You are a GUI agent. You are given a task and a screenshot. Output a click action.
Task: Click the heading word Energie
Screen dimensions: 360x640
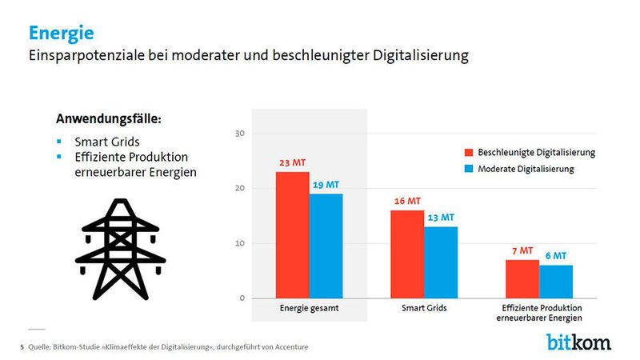pos(61,33)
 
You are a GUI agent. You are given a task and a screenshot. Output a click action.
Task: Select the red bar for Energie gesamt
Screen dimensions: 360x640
pos(292,235)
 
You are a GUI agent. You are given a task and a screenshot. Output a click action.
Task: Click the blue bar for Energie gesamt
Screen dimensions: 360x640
pos(326,246)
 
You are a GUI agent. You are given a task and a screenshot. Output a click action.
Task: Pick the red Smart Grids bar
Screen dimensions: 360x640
pos(406,254)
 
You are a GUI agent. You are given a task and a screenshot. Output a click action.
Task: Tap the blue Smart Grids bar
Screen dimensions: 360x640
pos(440,262)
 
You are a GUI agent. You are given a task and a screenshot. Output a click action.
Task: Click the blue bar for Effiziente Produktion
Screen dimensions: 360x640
pos(555,282)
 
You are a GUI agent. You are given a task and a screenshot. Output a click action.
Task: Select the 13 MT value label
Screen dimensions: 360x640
pos(440,217)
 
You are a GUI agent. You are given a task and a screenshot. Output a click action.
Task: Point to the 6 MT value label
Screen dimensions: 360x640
pos(555,256)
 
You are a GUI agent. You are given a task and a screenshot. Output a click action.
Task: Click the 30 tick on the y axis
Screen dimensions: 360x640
pos(238,134)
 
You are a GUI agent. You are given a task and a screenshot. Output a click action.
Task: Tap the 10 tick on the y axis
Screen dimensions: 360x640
pos(238,244)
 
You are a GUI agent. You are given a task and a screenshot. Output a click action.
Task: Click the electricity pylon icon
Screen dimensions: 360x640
pos(120,248)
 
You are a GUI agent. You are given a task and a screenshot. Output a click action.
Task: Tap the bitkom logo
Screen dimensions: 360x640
pos(578,342)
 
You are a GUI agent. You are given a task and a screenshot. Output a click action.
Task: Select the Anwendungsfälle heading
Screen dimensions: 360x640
pos(109,118)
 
